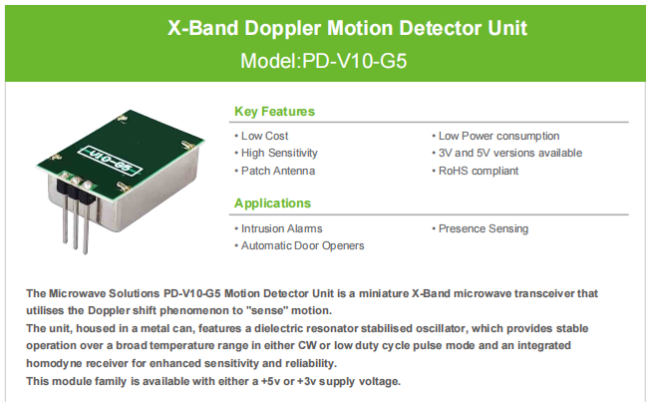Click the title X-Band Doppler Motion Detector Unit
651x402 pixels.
tap(325, 28)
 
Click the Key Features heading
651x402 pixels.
tap(274, 112)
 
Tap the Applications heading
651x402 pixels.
tap(272, 203)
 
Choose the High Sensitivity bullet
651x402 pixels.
tap(279, 154)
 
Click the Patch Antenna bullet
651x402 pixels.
tap(277, 171)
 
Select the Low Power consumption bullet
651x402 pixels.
tap(498, 136)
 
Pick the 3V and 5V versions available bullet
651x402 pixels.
tap(509, 154)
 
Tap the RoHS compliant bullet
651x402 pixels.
tap(478, 171)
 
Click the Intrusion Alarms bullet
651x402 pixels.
tap(282, 228)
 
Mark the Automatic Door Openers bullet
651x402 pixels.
tap(302, 245)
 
